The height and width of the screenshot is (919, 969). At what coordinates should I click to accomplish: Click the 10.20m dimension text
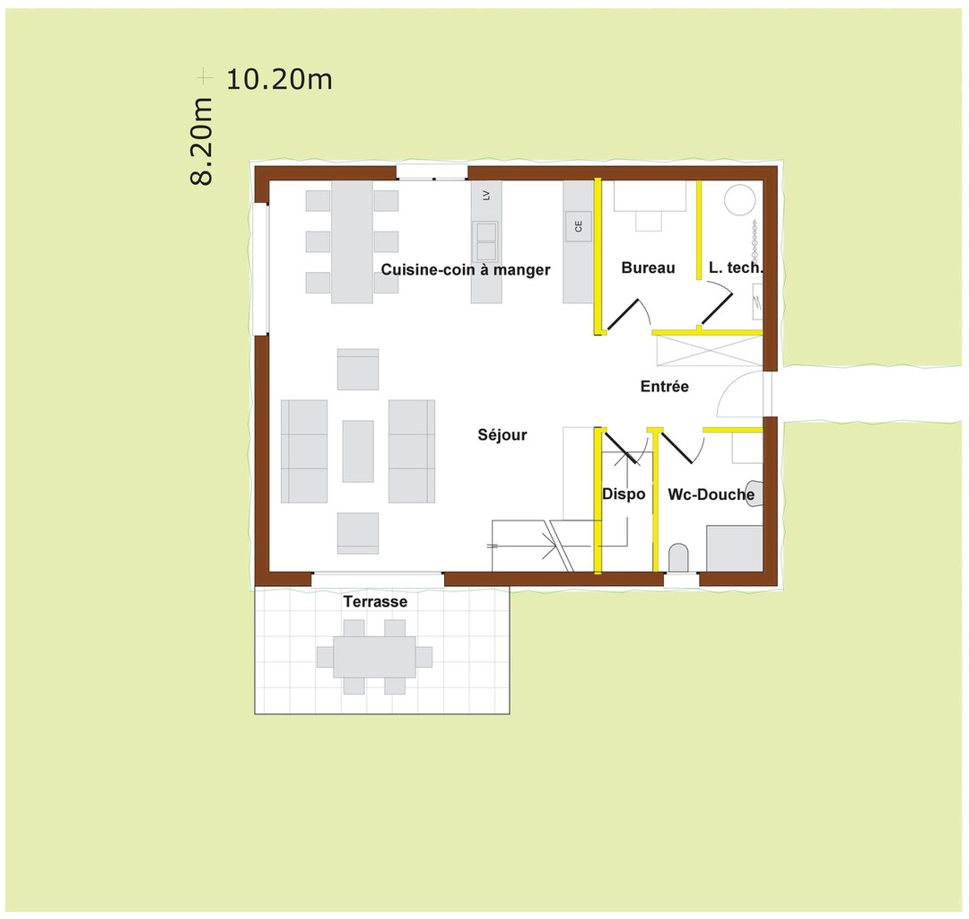(279, 79)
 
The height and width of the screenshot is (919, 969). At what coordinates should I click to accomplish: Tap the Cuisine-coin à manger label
(466, 269)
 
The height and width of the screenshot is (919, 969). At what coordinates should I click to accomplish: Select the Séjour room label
(502, 435)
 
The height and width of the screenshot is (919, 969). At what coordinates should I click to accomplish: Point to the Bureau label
(648, 267)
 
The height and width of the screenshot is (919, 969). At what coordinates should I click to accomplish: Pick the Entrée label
(665, 387)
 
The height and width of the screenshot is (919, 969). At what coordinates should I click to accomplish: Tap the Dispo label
(624, 494)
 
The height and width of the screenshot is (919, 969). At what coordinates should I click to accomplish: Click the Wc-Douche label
(711, 494)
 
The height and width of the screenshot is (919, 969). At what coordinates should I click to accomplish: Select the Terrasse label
(375, 601)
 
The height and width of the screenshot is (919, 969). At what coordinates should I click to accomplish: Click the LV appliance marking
(486, 195)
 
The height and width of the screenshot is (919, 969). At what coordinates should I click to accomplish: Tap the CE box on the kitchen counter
(579, 226)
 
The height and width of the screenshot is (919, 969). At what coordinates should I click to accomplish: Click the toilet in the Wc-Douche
(679, 557)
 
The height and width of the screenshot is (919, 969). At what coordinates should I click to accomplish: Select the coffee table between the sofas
(358, 451)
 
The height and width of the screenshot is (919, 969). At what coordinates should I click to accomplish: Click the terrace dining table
(375, 656)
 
